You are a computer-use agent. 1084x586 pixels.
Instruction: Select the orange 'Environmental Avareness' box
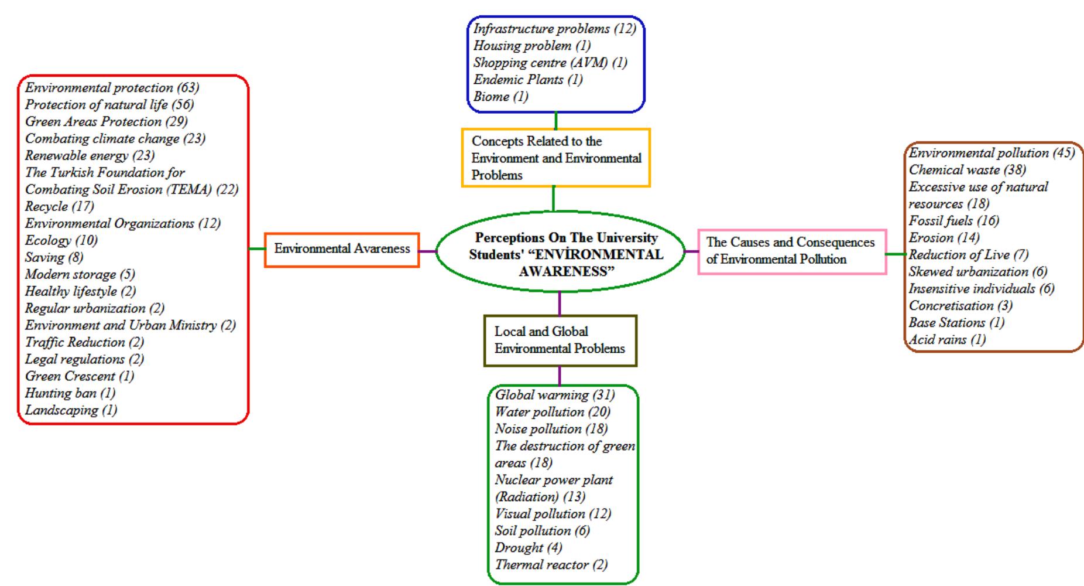[342, 249]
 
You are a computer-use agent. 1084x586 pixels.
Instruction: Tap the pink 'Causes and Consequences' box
[791, 251]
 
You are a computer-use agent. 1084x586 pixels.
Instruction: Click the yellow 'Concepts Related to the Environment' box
[555, 158]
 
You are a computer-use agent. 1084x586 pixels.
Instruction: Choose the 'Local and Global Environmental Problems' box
[560, 340]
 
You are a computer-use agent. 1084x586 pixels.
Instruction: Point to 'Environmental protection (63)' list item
[112, 88]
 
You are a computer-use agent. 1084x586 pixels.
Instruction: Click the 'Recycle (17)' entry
[59, 206]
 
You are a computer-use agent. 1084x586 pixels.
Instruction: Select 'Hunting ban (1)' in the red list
[70, 393]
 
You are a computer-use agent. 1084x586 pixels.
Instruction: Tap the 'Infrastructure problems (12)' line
[554, 29]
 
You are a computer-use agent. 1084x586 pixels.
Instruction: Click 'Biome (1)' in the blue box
[500, 97]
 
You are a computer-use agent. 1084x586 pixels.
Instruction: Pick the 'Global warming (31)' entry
[554, 395]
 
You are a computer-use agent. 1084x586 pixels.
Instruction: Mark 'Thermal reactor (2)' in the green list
[551, 565]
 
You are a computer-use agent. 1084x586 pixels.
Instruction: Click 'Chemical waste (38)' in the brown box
[966, 170]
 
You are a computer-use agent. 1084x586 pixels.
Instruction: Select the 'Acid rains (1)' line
[946, 339]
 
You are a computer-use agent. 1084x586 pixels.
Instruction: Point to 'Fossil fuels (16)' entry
[953, 221]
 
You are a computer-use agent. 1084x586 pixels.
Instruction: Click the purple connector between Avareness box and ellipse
[428, 251]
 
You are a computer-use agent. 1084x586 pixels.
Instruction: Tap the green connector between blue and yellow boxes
[555, 121]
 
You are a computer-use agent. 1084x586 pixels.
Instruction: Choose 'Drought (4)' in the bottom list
[528, 548]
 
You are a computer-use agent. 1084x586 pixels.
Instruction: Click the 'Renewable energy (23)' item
[90, 156]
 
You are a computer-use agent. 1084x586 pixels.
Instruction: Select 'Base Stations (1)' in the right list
[956, 322]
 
